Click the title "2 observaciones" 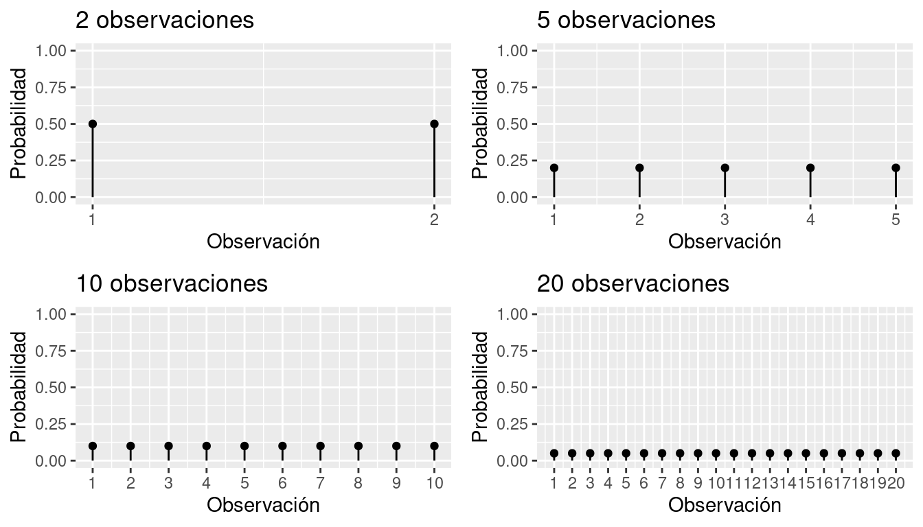pyautogui.click(x=165, y=20)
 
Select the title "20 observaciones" pyautogui.click(x=633, y=283)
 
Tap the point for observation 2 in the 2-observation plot pyautogui.click(x=434, y=124)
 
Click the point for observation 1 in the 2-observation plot pyautogui.click(x=93, y=124)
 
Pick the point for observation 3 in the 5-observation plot pyautogui.click(x=725, y=167)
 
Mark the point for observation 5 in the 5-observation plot pyautogui.click(x=896, y=167)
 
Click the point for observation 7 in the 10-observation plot pyautogui.click(x=321, y=446)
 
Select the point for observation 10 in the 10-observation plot pyautogui.click(x=434, y=446)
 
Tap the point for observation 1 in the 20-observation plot pyautogui.click(x=554, y=453)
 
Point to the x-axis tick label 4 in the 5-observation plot pyautogui.click(x=810, y=220)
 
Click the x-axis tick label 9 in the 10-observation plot pyautogui.click(x=396, y=483)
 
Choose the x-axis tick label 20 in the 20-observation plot pyautogui.click(x=896, y=483)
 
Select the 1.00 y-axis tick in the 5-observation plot pyautogui.click(x=514, y=51)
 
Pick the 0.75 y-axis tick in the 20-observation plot pyautogui.click(x=514, y=351)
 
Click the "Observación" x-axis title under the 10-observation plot pyautogui.click(x=263, y=506)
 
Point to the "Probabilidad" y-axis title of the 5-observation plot pyautogui.click(x=481, y=124)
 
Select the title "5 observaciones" pyautogui.click(x=626, y=20)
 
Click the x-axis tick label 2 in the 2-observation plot pyautogui.click(x=434, y=220)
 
